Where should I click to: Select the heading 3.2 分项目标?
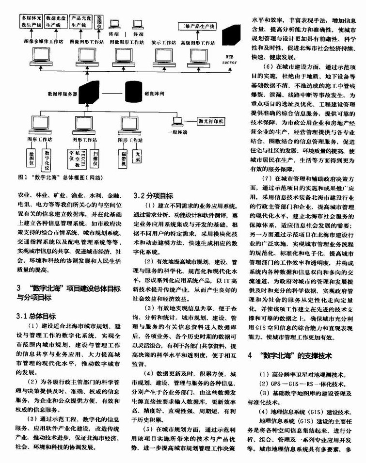pyautogui.click(x=153, y=196)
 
